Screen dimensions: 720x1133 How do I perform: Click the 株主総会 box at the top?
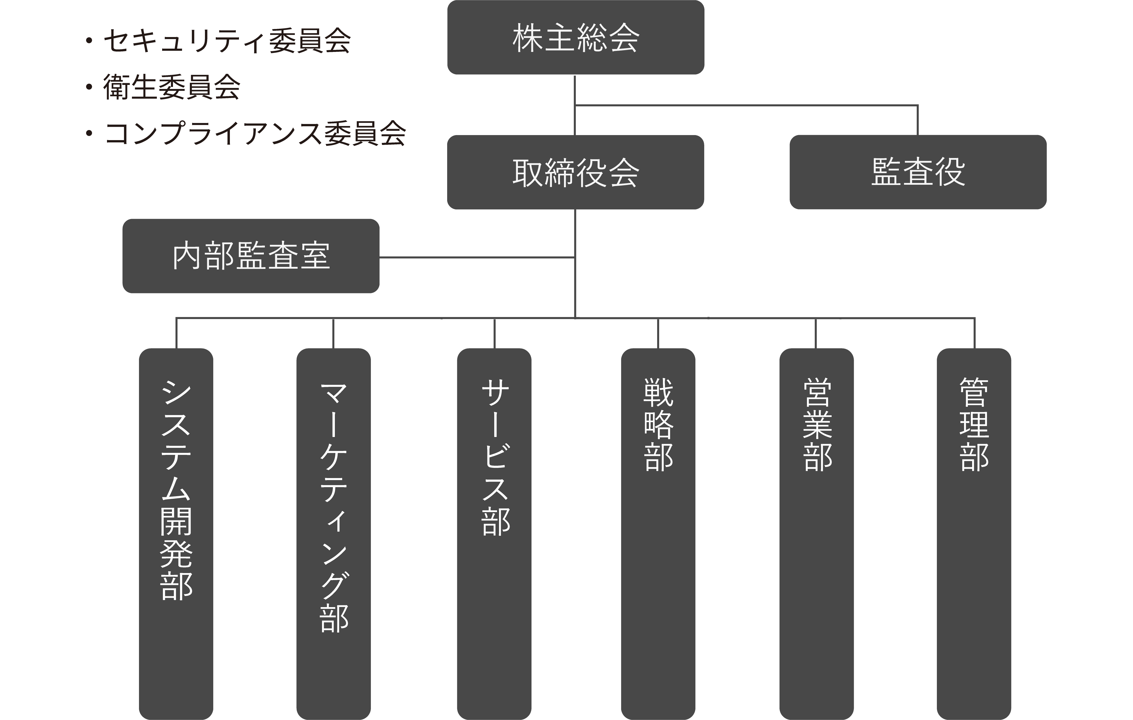coord(576,38)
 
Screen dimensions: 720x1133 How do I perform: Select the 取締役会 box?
coord(576,172)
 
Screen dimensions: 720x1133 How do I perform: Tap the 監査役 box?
coord(917,172)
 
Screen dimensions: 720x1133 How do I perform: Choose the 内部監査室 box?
coord(251,256)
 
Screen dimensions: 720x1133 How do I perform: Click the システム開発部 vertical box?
coord(176,532)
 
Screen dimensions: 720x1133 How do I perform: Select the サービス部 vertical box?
coord(494,532)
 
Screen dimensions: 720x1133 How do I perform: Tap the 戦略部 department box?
coord(658,532)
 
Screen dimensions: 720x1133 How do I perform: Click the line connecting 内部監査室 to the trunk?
coord(475,258)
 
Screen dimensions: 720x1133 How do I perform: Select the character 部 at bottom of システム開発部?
coord(176,586)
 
